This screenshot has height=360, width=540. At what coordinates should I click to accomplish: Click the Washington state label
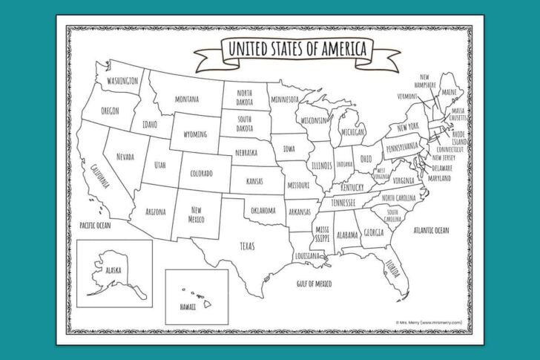122,81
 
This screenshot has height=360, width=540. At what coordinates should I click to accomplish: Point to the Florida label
391,266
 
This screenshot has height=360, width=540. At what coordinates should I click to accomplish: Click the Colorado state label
201,174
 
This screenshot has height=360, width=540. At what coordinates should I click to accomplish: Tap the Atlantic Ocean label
431,230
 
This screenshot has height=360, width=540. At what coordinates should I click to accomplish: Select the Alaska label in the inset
113,270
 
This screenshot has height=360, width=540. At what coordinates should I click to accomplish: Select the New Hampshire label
425,81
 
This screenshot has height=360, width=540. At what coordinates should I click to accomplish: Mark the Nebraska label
246,153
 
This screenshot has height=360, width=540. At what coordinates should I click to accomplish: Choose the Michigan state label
352,132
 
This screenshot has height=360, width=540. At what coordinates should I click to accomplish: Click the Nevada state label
125,157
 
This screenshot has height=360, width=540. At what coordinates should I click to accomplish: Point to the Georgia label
374,233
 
